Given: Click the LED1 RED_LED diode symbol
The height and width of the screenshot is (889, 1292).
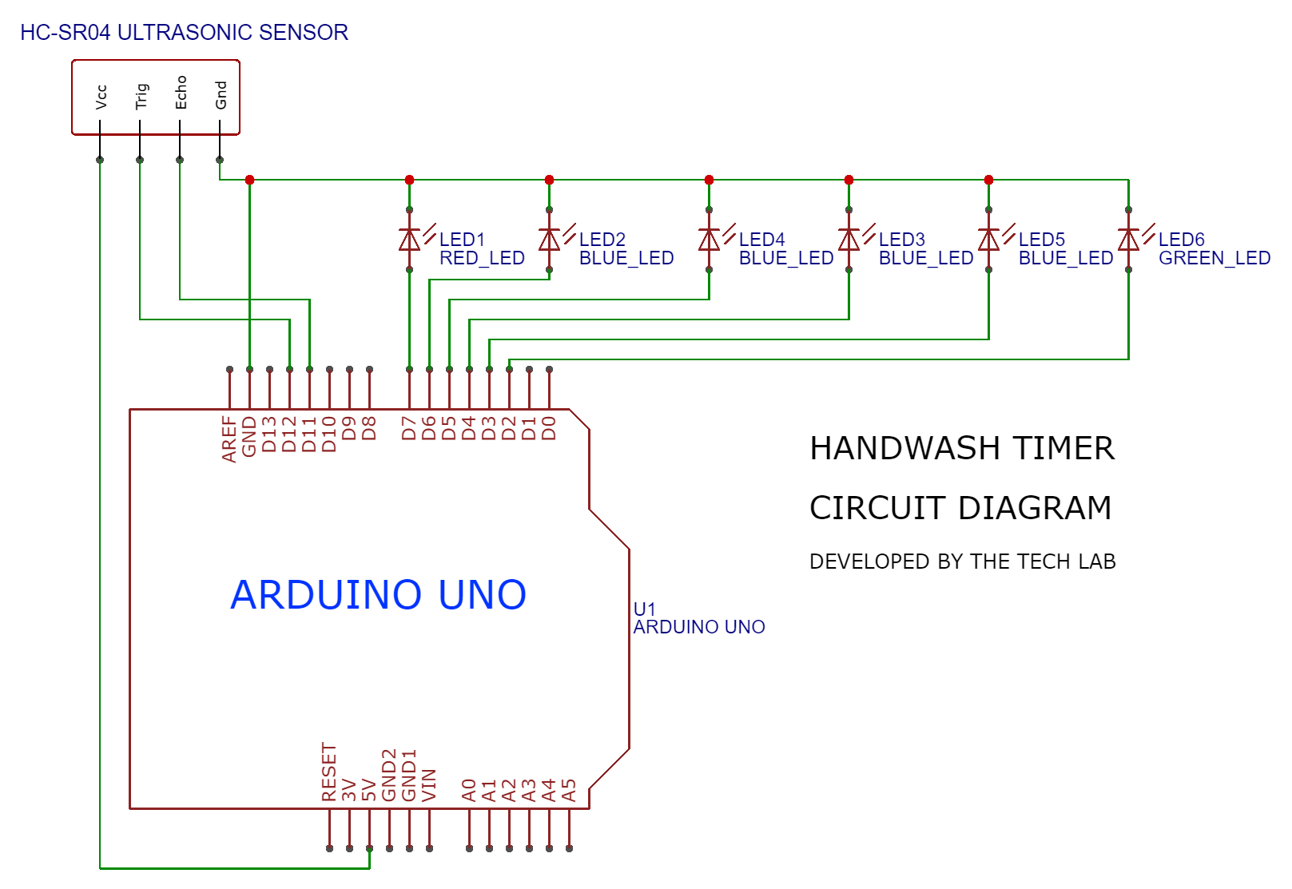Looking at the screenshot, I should tap(409, 240).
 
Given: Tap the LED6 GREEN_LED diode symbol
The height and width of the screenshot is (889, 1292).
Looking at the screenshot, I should tap(1128, 240).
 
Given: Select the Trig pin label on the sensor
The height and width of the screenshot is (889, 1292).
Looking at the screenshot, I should tap(141, 96).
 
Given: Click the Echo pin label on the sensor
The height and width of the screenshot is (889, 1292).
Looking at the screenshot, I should tap(181, 93).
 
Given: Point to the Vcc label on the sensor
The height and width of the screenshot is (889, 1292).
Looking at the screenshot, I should tap(101, 97).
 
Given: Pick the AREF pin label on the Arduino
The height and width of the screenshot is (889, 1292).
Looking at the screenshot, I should tap(230, 439).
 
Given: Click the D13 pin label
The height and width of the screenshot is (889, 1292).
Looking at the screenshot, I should tap(269, 434).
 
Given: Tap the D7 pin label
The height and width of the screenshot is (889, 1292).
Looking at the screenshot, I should tap(409, 428).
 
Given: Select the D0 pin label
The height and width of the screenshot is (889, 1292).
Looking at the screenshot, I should tap(549, 428).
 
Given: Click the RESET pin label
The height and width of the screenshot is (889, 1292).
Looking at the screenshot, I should tap(329, 772).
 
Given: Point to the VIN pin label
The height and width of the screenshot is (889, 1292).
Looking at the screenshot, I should tap(429, 785).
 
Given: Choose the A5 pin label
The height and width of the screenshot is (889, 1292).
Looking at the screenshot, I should tap(569, 791).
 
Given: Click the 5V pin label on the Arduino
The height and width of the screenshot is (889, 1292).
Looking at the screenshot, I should tap(369, 791).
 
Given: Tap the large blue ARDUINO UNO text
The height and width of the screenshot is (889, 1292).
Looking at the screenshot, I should tap(378, 595).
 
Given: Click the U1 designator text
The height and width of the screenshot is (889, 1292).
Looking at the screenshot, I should tap(644, 609).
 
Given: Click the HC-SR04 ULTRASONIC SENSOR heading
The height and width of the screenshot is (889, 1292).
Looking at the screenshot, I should tap(184, 33).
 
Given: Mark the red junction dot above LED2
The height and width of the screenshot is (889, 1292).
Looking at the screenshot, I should tap(549, 180).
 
